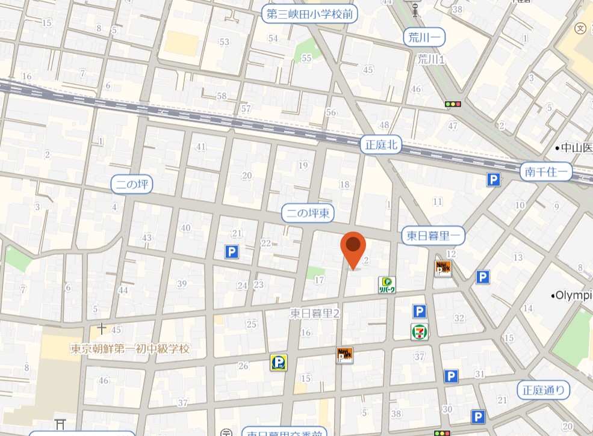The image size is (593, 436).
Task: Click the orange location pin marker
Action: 353,248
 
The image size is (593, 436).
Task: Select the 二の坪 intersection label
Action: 132,185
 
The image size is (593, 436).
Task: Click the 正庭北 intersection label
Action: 381,144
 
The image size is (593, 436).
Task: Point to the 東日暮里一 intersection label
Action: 433,236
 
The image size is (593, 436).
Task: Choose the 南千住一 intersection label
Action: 546,171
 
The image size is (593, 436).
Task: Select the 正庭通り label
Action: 543,390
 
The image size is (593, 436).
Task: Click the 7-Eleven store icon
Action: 420,331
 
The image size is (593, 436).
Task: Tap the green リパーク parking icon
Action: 387,284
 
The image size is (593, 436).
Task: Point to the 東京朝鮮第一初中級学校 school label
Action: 130,349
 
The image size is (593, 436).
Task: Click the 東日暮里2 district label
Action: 315,313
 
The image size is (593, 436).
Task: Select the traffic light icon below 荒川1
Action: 453,104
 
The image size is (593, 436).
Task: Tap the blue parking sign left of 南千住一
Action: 494,179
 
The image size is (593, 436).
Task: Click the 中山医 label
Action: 576,147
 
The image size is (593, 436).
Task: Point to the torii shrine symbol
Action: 60,423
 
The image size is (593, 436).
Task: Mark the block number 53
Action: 225,41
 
